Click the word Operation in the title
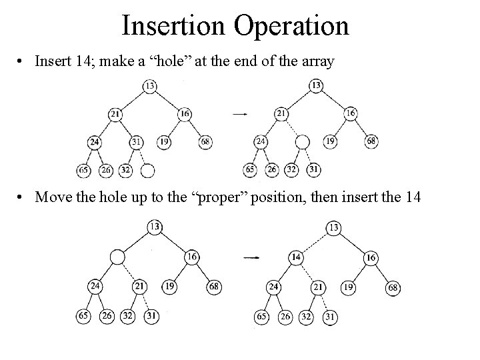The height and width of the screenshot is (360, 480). point(292,25)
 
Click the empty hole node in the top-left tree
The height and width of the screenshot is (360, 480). point(148,170)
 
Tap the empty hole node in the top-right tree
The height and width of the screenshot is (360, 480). point(303,142)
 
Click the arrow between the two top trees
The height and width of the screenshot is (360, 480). point(240,114)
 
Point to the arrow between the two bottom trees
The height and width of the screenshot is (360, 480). point(251,257)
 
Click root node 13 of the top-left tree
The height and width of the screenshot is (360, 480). point(149,85)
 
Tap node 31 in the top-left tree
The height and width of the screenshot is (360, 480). point(136,142)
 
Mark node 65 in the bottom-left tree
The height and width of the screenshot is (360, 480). point(82,317)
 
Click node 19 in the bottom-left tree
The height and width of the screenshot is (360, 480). point(171,287)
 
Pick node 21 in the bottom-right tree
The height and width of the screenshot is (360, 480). point(317,287)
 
